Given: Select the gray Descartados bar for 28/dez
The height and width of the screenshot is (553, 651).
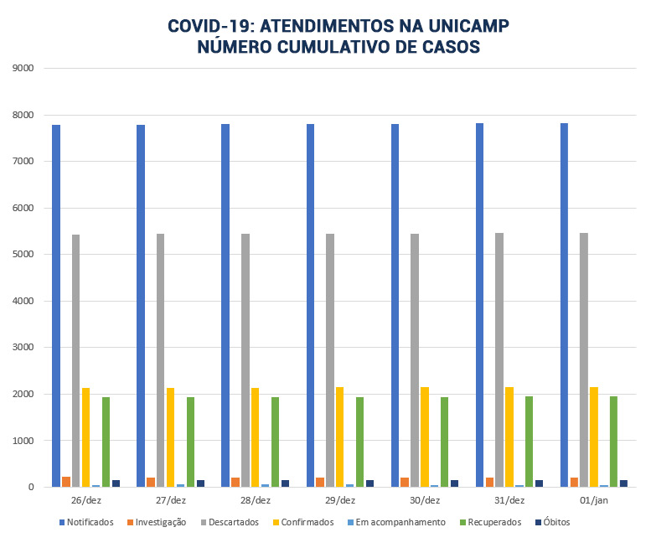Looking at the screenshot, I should (x=245, y=360).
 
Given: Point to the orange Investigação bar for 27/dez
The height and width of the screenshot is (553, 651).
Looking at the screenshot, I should (x=151, y=482).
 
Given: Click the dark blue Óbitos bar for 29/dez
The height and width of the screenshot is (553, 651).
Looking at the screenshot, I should (x=370, y=483).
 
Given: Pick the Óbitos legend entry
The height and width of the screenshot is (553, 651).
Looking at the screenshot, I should (x=551, y=523).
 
